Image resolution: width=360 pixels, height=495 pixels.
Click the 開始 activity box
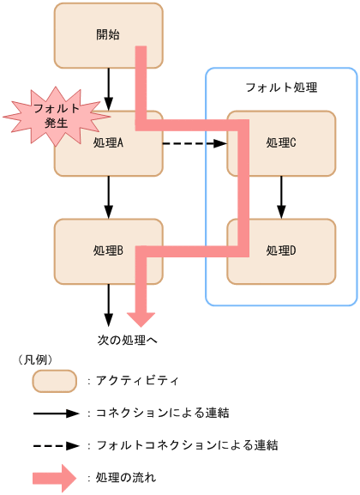point(94,35)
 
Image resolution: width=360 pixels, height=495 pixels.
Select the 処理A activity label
point(109,142)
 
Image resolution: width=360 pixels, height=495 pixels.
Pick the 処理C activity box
point(281,142)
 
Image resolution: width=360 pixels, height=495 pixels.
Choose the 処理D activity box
point(281,251)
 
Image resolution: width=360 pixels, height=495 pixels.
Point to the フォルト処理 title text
point(281,88)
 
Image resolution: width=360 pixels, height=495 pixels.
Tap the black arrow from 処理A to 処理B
point(109,196)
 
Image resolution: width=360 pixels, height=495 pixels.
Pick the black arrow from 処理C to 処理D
point(281,196)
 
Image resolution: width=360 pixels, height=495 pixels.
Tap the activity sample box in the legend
point(54,380)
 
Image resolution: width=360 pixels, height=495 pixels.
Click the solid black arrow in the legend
point(55,414)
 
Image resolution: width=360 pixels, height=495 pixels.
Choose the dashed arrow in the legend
point(55,446)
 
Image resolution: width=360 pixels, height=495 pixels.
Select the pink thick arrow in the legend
point(55,478)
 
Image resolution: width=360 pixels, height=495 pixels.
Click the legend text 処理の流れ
point(125,478)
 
